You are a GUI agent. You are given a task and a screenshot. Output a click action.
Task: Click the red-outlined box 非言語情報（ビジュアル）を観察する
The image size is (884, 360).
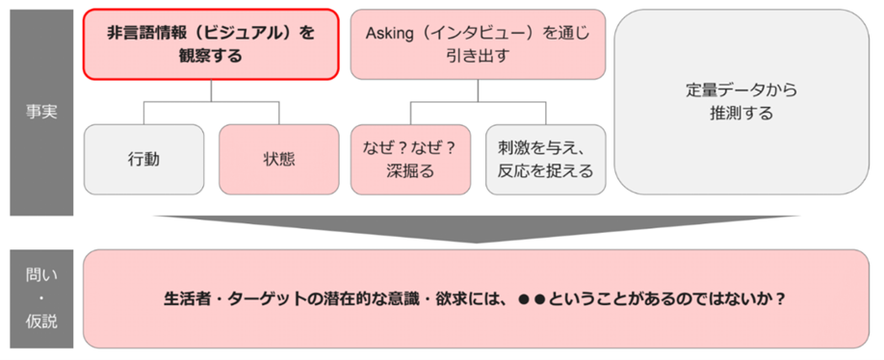211,44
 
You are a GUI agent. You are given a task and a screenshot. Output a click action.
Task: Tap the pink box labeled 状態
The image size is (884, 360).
277,158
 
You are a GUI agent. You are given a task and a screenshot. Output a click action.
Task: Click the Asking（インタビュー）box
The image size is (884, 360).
478,44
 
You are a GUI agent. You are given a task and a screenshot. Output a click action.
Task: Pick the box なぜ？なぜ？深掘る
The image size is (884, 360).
409,158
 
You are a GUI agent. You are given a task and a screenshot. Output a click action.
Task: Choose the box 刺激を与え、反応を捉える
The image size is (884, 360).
545,158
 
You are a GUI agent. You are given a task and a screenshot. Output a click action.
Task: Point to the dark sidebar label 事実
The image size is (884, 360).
41,112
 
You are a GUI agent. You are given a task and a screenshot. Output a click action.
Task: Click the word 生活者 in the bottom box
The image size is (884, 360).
186,298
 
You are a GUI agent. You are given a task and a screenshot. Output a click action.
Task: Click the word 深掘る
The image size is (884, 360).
409,171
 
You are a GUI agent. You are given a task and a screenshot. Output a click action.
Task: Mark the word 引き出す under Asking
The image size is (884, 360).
478,56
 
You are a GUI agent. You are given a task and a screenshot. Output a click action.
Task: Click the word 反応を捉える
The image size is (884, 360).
545,171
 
